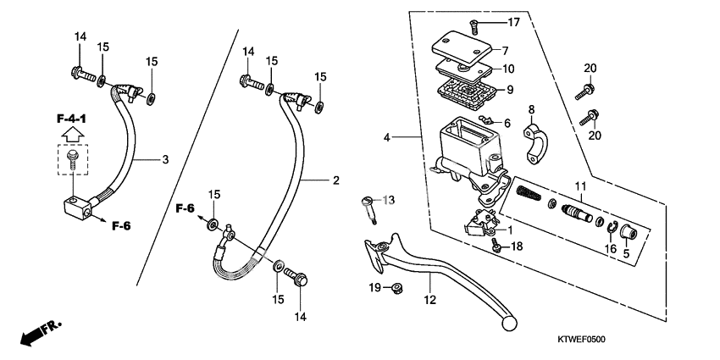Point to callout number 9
pyautogui.click(x=509, y=90)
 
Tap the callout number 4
pyautogui.click(x=385, y=136)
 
